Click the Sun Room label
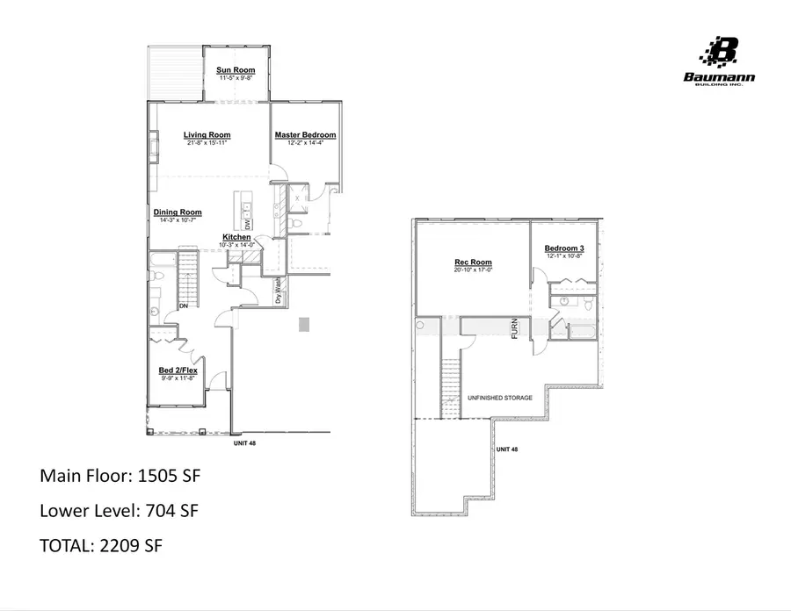[x=236, y=69]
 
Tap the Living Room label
[x=207, y=135]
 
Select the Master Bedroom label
[x=305, y=135]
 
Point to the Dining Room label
[x=178, y=212]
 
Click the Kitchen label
[x=237, y=238]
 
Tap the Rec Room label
[x=473, y=262]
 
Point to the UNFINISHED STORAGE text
[x=499, y=398]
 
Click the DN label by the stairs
[x=184, y=306]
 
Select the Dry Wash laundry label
[x=278, y=291]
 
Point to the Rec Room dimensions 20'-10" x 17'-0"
[x=473, y=270]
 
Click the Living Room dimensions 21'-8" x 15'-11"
[x=207, y=143]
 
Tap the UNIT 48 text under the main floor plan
[x=244, y=443]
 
